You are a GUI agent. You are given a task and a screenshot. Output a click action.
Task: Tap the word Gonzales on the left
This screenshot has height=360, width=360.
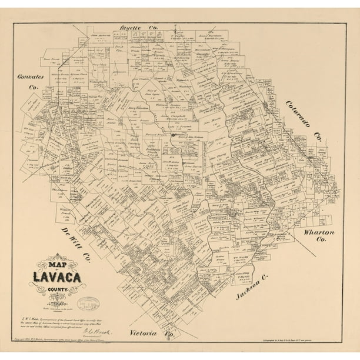tap(27, 77)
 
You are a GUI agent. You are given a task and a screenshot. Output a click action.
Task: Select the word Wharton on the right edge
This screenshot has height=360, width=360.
tap(319, 232)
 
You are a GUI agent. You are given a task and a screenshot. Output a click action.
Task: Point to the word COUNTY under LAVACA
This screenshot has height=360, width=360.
tap(65, 289)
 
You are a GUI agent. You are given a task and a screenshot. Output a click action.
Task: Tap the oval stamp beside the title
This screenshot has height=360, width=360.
tap(89, 304)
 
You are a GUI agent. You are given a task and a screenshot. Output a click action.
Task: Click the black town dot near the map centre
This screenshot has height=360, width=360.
tap(172, 135)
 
